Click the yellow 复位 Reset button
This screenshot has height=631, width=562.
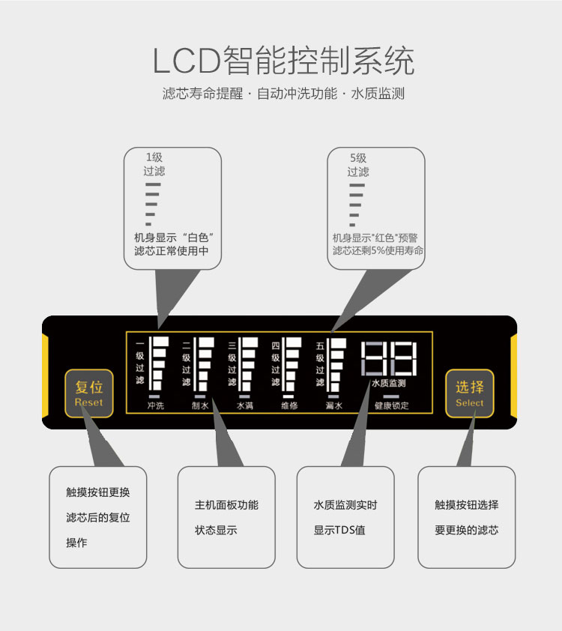pos(89,393)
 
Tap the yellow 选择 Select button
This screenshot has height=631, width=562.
pos(470,393)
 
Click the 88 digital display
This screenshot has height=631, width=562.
pos(389,359)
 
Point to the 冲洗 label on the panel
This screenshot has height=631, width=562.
pos(155,406)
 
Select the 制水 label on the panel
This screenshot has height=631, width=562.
pos(200,406)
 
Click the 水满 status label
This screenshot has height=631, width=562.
pos(245,406)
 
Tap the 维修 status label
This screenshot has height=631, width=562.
pos(289,406)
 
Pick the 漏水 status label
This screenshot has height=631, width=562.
pos(334,406)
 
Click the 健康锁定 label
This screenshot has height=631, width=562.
pos(392,406)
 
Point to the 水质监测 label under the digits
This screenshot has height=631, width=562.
pos(389,383)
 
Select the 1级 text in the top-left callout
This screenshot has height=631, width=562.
pos(154,157)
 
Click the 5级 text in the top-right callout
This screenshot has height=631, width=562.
pos(358,158)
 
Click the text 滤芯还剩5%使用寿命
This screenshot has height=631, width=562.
pos(378,250)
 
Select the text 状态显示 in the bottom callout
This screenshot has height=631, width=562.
pos(216,530)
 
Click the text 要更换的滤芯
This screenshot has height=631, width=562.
pos(466,530)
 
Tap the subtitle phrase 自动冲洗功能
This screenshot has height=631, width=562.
pos(297,94)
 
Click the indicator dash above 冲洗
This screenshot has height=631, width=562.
pos(155,396)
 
